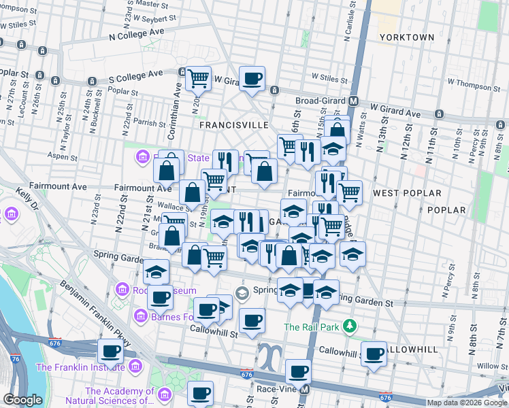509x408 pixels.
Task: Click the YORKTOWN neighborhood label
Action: (407, 37)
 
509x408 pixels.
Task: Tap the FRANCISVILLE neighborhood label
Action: (229, 126)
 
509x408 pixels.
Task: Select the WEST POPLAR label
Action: (407, 194)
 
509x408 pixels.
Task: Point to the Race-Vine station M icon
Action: (305, 390)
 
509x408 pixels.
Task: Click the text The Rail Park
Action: (311, 327)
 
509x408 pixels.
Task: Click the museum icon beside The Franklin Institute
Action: (134, 367)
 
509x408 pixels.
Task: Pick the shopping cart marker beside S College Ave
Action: (198, 79)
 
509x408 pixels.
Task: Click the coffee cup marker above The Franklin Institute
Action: (111, 352)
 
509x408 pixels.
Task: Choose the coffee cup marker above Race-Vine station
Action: (298, 371)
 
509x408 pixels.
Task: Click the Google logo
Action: (23, 400)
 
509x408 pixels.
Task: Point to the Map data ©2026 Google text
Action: (466, 403)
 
